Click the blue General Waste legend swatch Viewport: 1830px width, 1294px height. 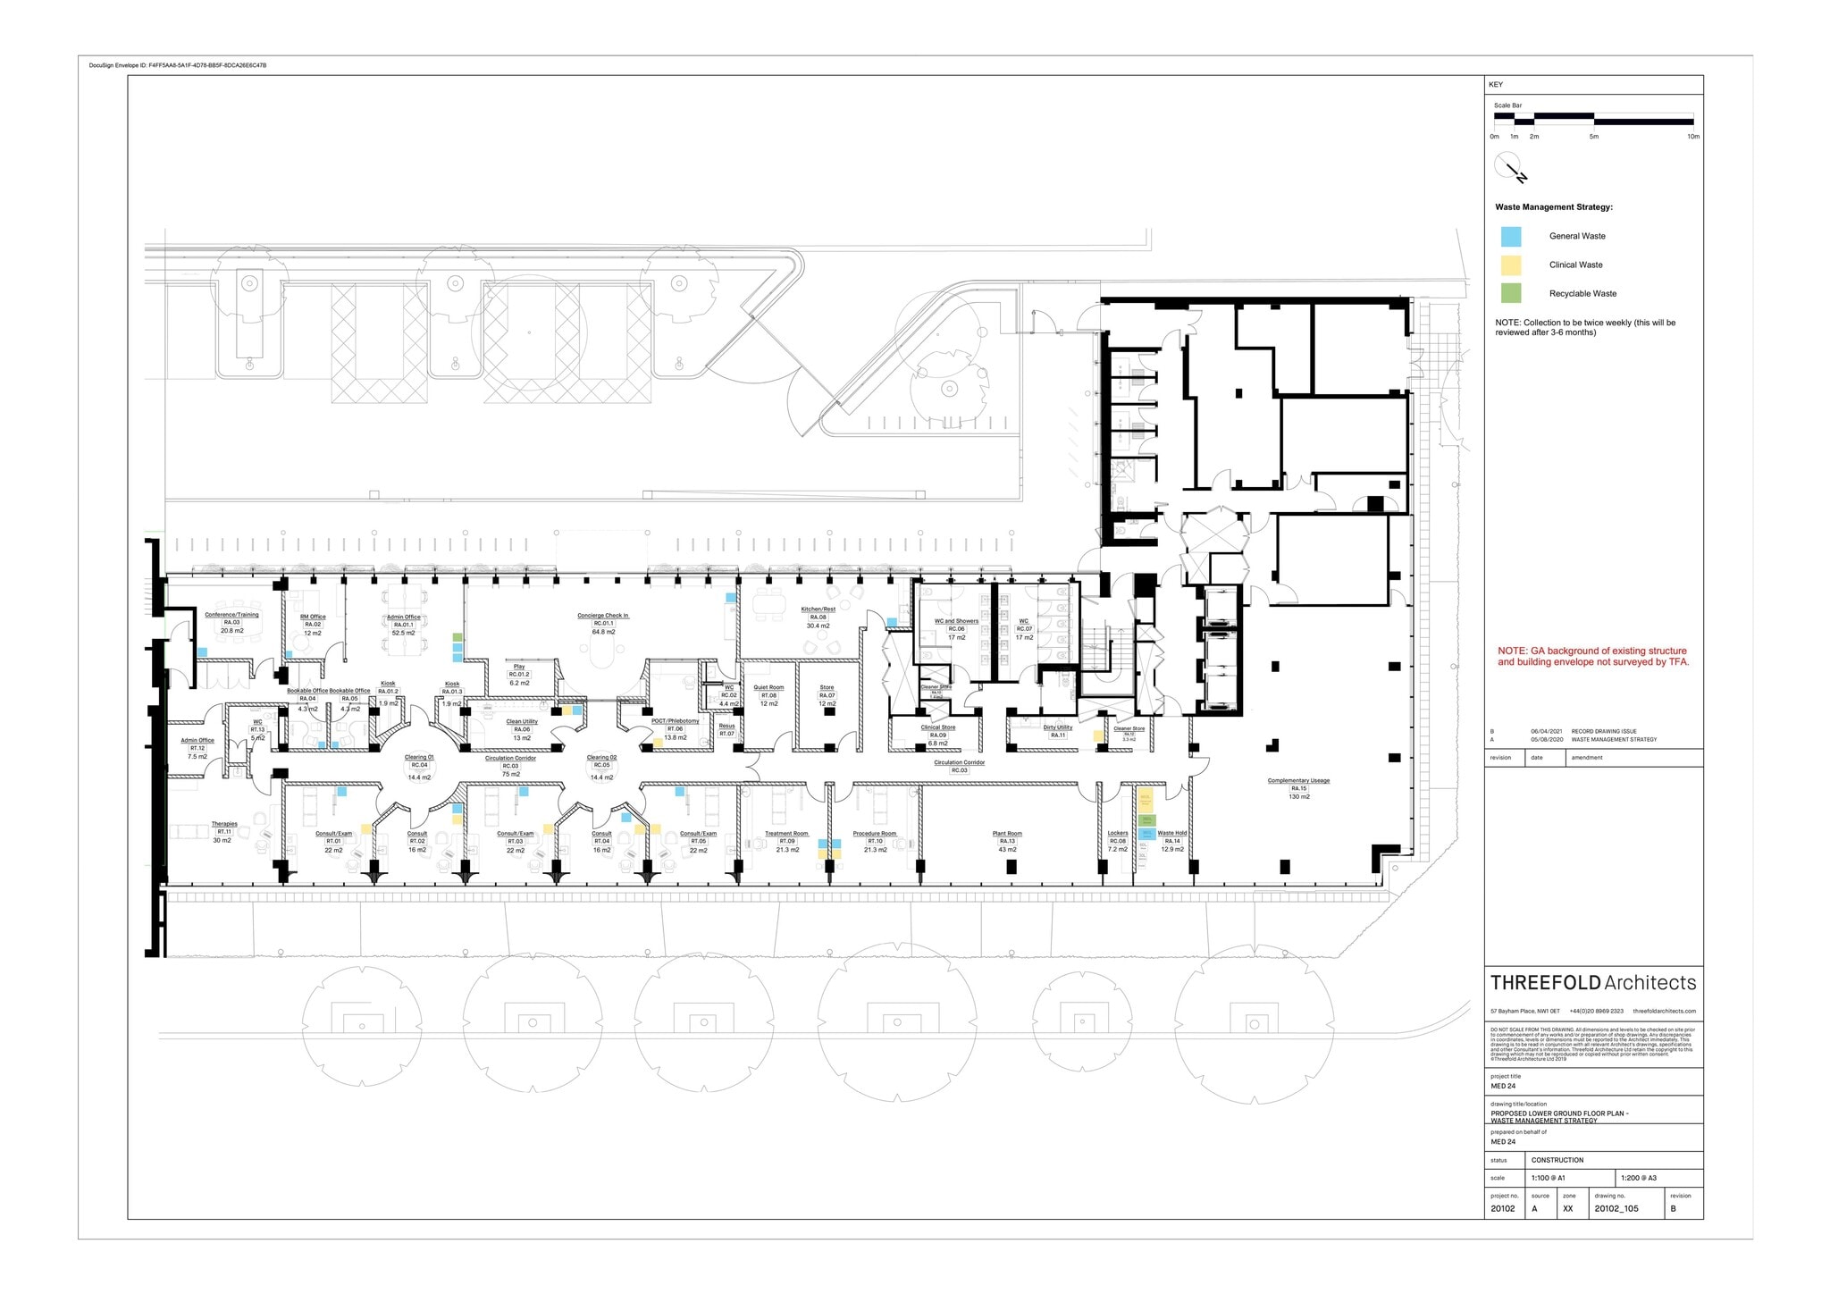(1510, 237)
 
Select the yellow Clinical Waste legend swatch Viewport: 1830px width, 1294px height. (1510, 265)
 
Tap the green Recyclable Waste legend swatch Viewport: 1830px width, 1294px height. (1510, 293)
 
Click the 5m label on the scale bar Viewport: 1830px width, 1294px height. (1593, 137)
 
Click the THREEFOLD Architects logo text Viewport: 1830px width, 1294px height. (1592, 983)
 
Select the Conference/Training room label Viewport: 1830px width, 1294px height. (231, 615)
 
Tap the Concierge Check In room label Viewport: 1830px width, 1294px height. (603, 616)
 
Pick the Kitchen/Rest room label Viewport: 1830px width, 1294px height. (818, 609)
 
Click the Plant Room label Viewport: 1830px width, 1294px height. (1007, 834)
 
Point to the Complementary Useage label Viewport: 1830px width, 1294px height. (1298, 781)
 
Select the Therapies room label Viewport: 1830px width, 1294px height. (224, 824)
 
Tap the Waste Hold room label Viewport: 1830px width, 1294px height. (1172, 833)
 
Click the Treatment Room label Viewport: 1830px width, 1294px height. (786, 834)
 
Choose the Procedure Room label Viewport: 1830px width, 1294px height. (874, 834)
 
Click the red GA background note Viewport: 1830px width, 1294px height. (1593, 657)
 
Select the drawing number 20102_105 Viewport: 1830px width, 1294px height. (1616, 1209)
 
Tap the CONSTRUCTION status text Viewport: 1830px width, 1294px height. (1557, 1160)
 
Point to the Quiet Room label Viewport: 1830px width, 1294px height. (768, 688)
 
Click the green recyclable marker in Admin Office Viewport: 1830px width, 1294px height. (457, 637)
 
